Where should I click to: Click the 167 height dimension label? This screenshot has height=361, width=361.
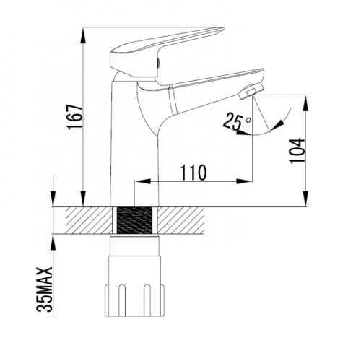75,117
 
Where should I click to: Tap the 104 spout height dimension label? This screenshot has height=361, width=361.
297,151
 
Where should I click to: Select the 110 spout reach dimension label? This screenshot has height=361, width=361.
193,173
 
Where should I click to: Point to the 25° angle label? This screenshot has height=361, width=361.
237,121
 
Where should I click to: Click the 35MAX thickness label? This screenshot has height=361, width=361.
45,290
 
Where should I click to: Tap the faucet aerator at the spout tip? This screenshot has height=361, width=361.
252,91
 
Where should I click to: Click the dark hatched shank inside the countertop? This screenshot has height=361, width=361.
134,220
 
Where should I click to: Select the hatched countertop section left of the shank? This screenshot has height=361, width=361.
89,220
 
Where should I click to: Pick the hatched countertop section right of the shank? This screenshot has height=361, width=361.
181,220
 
